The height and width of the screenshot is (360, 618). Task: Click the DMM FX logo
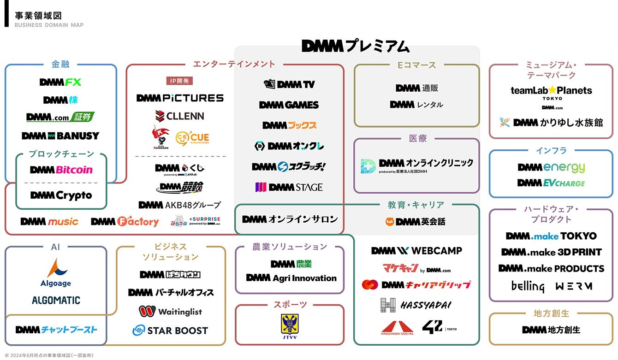coord(60,83)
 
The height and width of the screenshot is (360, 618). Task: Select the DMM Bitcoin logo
coord(61,170)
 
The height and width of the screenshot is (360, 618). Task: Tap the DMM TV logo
coord(289,84)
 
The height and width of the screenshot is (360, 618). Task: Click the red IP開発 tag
coord(179,81)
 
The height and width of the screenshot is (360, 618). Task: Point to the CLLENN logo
coord(179,116)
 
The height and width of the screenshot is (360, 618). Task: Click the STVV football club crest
coord(290,325)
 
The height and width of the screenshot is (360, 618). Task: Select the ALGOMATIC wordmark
coord(56,301)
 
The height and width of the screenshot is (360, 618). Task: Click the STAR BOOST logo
coord(170,330)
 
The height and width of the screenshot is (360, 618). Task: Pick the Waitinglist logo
coord(170,312)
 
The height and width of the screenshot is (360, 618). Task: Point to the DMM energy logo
coord(551,167)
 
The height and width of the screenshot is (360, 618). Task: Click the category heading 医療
coord(417,138)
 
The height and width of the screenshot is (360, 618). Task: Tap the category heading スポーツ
coord(290,305)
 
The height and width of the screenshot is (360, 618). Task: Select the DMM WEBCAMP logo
coord(416,251)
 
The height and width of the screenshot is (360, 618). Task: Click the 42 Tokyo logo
coord(439,327)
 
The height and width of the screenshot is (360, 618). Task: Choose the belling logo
coord(528,286)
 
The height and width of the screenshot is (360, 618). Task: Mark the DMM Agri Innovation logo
coord(291,278)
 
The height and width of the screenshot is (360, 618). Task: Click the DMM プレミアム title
coord(356,46)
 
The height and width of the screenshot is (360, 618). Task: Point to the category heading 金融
coord(60,65)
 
